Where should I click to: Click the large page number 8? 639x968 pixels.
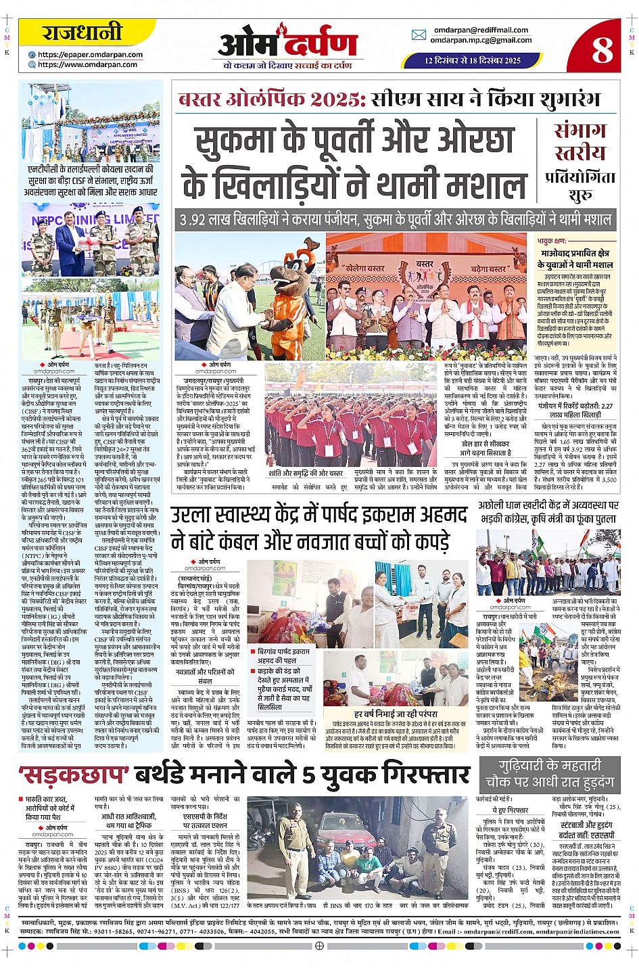pos(601,49)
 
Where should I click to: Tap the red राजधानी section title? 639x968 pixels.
pos(82,32)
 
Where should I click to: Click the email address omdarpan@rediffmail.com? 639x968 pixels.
pos(481,30)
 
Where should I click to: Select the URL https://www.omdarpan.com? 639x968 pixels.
pos(87,65)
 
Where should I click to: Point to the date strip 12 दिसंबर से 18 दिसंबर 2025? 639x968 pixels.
pos(473,60)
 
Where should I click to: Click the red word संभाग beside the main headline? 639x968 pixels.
pos(579,130)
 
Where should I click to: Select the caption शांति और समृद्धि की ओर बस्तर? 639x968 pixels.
pos(306,473)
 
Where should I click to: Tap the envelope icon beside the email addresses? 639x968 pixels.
pos(419,35)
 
